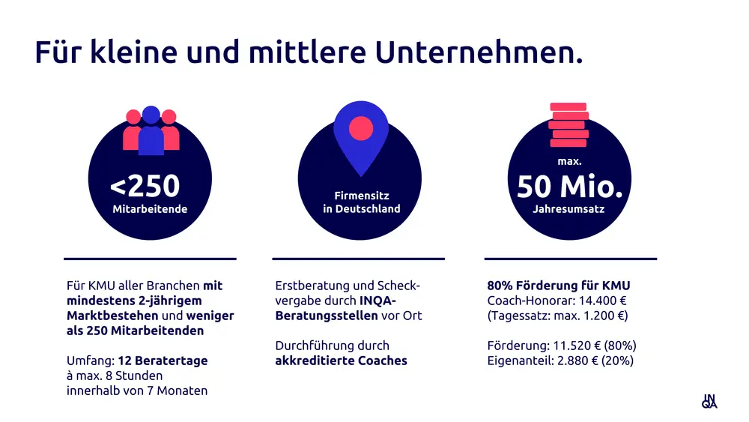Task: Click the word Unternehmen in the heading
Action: (478, 52)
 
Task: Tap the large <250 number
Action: (145, 187)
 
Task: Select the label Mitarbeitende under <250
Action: (150, 209)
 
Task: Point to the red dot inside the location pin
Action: (361, 128)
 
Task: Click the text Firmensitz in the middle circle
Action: (362, 196)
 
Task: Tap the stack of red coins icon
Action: (568, 124)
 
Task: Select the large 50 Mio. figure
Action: (570, 187)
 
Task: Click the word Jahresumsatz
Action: (568, 209)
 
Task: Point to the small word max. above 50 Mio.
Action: (569, 161)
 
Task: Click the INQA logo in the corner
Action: (709, 401)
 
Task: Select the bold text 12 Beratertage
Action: (166, 361)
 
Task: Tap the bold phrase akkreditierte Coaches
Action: (341, 361)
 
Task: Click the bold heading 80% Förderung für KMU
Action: (559, 286)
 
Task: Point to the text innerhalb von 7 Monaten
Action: (137, 391)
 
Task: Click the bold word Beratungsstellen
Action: (326, 316)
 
